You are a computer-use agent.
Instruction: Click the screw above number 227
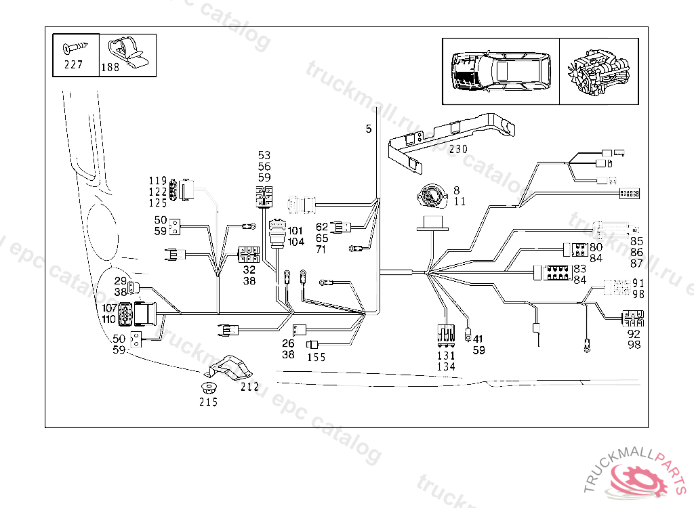(x=76, y=48)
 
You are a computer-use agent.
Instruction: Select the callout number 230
(x=457, y=149)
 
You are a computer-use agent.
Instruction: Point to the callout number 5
(x=369, y=129)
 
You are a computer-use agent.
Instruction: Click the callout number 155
(x=316, y=357)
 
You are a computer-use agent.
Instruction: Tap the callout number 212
(x=249, y=387)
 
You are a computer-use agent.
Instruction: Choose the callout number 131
(x=446, y=356)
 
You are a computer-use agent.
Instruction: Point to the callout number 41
(x=478, y=339)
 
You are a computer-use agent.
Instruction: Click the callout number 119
(x=158, y=181)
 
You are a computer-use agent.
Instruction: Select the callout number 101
(x=295, y=231)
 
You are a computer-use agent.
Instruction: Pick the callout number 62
(x=321, y=227)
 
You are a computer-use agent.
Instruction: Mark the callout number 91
(x=638, y=282)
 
